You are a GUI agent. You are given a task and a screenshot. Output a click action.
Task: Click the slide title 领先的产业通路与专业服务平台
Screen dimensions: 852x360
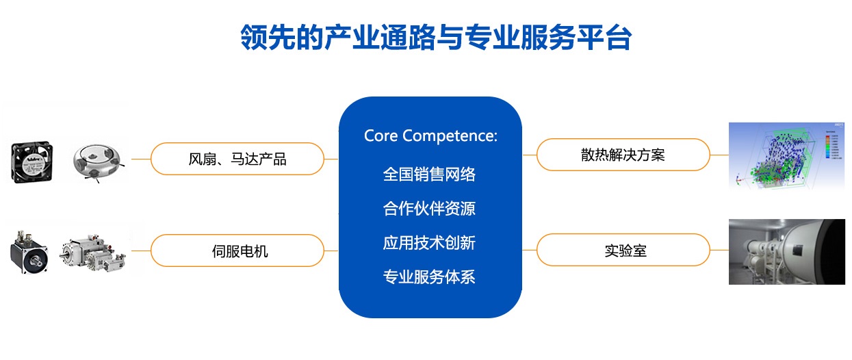[436, 37]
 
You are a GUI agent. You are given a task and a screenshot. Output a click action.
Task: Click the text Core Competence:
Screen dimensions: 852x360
[430, 136]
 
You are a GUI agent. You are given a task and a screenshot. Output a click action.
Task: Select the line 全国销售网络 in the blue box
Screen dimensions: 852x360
[429, 175]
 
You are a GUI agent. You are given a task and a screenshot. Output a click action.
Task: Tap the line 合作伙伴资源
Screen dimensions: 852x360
[429, 209]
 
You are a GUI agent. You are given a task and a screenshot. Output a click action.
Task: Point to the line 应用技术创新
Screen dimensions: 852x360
[429, 243]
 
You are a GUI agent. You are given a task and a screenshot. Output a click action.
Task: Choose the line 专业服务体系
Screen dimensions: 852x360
[429, 277]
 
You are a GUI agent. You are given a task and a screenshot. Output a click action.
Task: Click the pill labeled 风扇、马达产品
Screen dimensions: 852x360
[237, 159]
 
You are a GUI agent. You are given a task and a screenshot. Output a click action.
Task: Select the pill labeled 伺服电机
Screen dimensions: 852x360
[237, 250]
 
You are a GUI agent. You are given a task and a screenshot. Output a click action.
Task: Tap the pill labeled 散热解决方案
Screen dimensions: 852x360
[623, 155]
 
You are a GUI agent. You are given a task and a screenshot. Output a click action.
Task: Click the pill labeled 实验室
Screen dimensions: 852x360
[623, 250]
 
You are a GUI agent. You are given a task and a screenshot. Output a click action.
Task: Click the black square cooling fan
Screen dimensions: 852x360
[32, 162]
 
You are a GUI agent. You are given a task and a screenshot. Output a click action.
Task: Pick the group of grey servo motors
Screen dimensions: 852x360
[93, 252]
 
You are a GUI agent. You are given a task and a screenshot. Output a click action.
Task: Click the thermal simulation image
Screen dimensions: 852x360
[786, 156]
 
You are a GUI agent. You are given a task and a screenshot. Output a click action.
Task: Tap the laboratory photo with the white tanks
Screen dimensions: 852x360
[786, 252]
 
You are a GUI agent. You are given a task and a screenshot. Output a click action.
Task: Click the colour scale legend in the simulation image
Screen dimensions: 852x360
[831, 145]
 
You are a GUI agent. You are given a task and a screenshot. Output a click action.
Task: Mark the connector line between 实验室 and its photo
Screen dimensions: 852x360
[719, 250]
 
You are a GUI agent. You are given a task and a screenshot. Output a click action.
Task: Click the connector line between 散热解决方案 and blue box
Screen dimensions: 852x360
[530, 155]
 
